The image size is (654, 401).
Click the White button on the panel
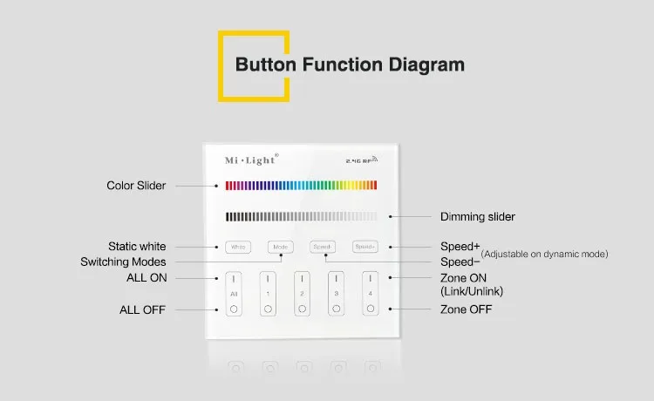[237, 247]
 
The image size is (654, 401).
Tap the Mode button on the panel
[280, 247]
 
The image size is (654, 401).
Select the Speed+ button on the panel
[364, 247]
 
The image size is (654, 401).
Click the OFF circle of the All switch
[234, 309]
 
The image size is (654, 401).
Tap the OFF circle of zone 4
[370, 309]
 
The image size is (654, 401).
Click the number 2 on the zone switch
[302, 294]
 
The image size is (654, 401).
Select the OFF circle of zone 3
[336, 309]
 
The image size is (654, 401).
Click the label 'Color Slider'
[136, 186]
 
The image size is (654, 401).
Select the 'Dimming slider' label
[477, 216]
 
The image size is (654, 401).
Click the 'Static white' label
[137, 247]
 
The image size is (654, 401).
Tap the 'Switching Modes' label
[123, 262]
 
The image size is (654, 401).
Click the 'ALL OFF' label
[142, 309]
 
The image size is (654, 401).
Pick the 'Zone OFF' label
[466, 309]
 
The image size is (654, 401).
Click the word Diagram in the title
[421, 65]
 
